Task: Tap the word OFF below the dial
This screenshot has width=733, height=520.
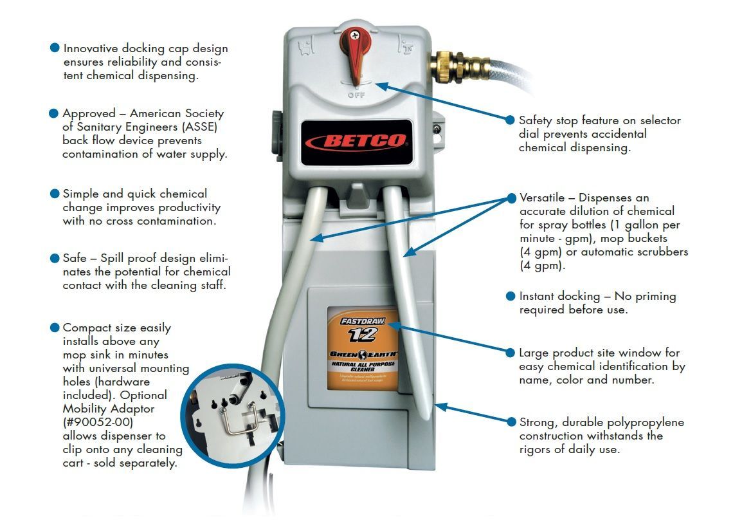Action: click(x=356, y=95)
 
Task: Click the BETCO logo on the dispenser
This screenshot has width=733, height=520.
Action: click(x=356, y=141)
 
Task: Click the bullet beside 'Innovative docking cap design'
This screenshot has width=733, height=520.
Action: click(x=55, y=48)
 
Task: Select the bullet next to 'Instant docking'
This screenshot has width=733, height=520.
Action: click(x=511, y=297)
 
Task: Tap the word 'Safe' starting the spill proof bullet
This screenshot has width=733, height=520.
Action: click(x=75, y=258)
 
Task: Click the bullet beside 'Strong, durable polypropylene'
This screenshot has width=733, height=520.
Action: click(x=511, y=422)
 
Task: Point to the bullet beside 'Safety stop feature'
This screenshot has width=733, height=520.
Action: click(x=511, y=120)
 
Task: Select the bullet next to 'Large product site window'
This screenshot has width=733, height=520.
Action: click(x=511, y=353)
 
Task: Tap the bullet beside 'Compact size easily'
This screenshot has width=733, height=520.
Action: click(x=55, y=328)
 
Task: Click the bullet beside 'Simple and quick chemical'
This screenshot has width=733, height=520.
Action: click(x=55, y=194)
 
